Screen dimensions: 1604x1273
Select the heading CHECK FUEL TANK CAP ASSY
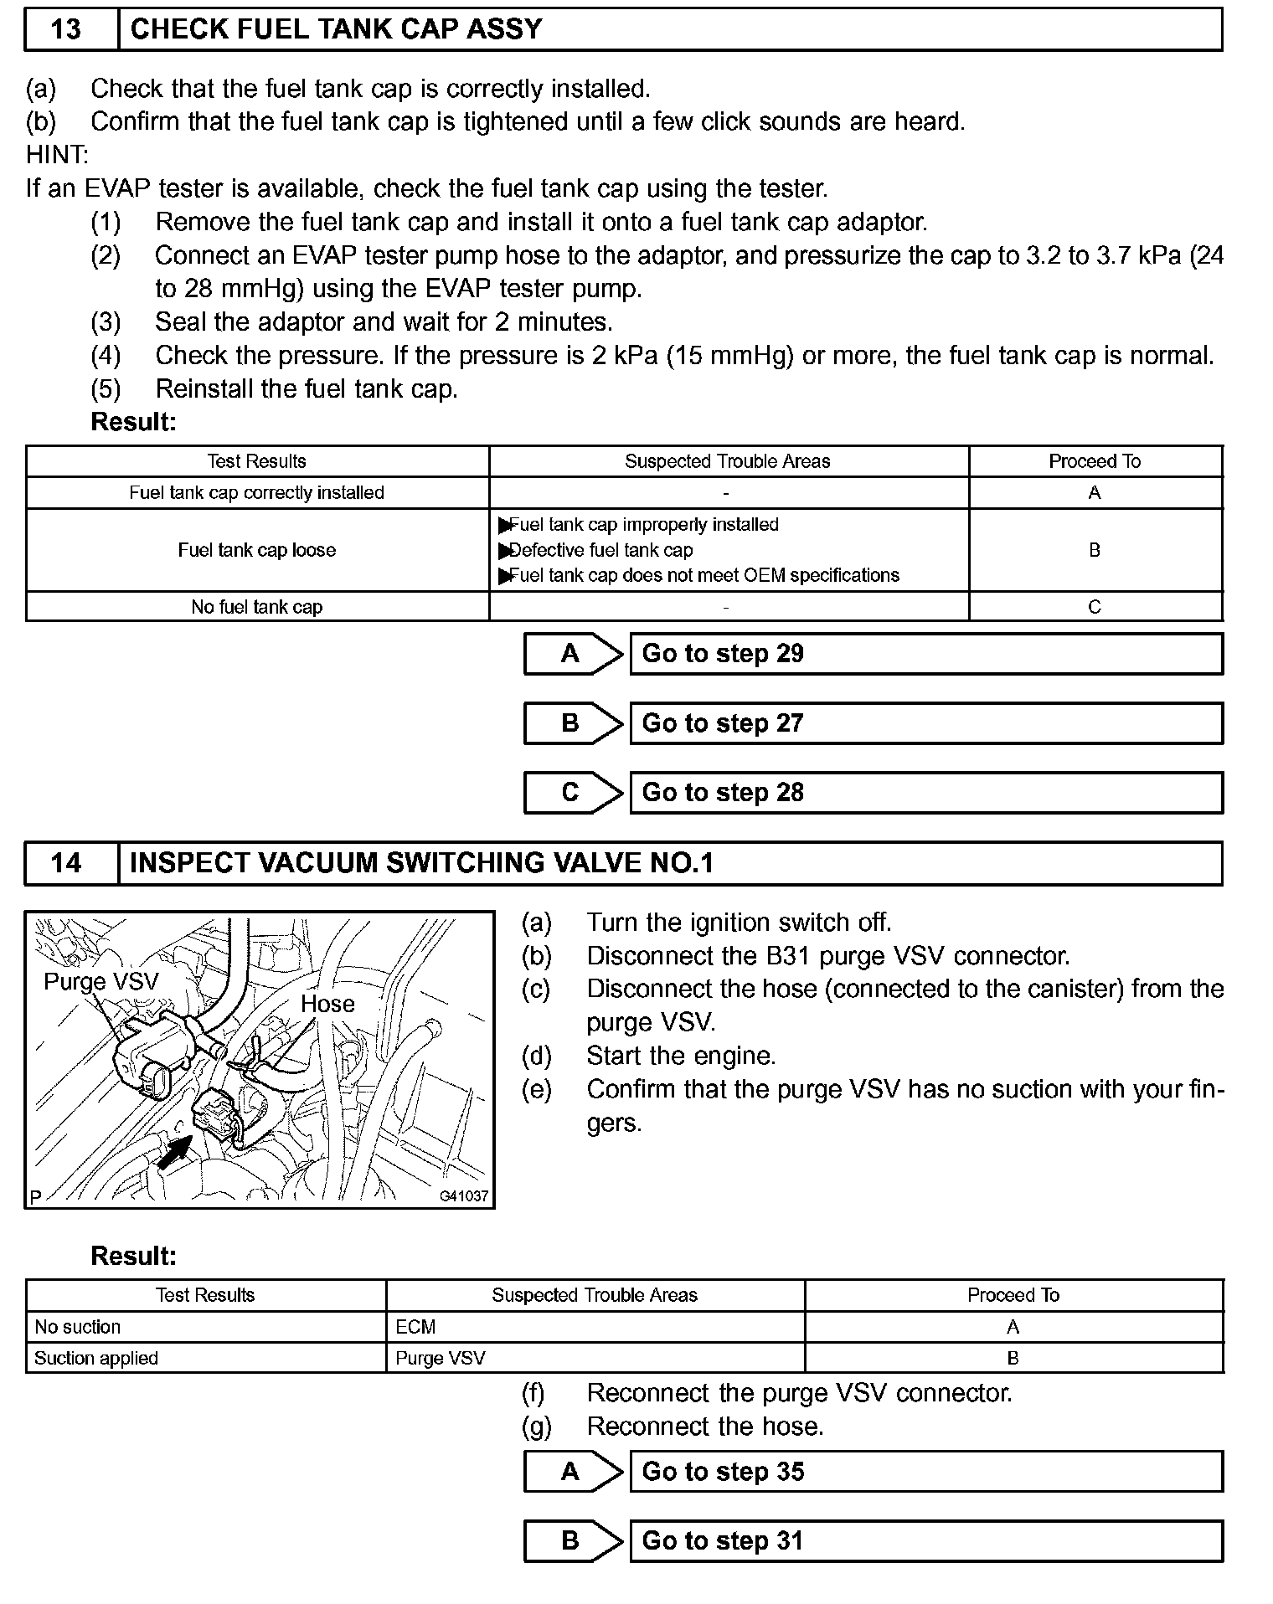coord(337,29)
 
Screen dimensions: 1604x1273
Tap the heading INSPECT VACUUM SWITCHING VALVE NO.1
coord(421,863)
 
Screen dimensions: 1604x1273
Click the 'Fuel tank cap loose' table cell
coord(257,550)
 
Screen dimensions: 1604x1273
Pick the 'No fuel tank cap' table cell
coord(257,607)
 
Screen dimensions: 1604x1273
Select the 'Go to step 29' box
coord(925,654)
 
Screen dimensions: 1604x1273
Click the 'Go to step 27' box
coord(925,723)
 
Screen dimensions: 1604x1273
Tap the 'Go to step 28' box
coord(925,793)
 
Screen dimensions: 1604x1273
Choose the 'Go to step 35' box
coord(925,1472)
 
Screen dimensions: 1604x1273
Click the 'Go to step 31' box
coord(925,1541)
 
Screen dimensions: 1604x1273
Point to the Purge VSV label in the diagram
coord(100,981)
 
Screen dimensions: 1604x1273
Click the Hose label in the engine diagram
coord(327,1004)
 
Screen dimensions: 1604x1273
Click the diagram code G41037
coord(463,1196)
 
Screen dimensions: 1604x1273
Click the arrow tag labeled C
coord(573,793)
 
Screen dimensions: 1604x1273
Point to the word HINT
coord(57,155)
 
